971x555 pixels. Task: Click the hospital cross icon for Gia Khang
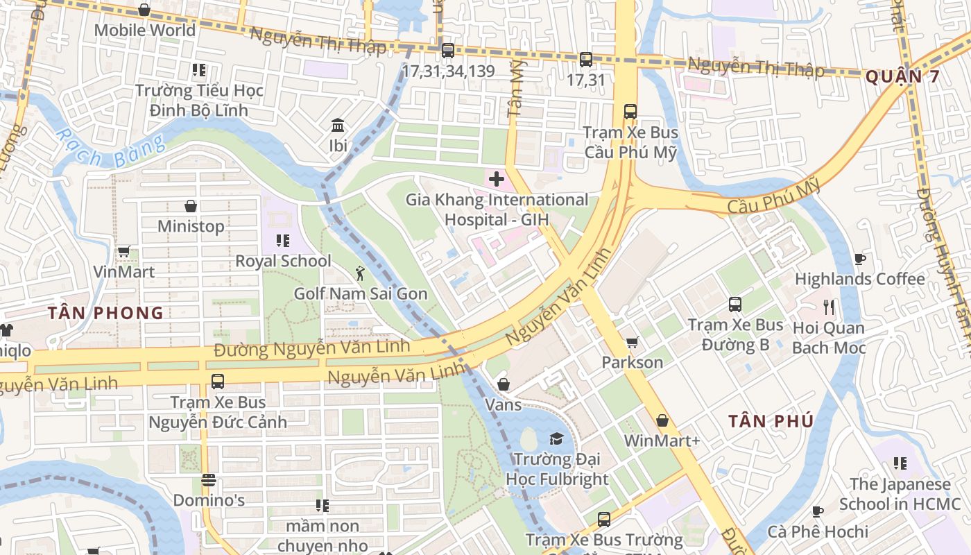497,179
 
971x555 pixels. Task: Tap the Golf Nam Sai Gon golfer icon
359,273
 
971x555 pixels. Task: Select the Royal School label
283,261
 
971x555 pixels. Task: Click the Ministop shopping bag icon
191,206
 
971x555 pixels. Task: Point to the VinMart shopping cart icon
124,251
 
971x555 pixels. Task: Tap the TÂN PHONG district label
106,313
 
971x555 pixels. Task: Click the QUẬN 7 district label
902,76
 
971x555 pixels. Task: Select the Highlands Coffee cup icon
860,259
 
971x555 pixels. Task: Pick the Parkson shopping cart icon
632,342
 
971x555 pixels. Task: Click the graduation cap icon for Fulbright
556,438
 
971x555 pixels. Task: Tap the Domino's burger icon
208,480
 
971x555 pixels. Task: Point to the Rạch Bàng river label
111,149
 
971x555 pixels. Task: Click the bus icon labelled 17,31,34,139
447,50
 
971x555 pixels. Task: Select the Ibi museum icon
338,126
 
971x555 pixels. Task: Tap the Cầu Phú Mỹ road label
773,197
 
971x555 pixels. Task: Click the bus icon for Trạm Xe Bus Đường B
735,304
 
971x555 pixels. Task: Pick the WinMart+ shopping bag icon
662,420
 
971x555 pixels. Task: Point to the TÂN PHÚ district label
771,421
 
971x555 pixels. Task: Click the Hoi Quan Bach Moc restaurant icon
828,307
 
